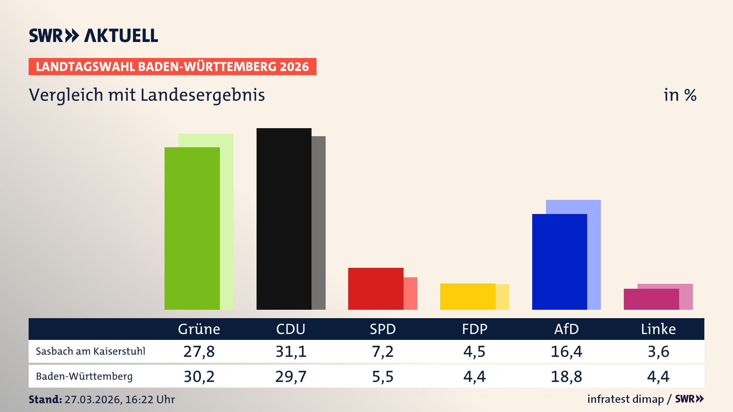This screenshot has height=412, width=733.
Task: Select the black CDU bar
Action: click(284, 219)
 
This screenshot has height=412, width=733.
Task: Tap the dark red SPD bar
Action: click(376, 288)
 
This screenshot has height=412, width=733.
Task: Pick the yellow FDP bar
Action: click(468, 296)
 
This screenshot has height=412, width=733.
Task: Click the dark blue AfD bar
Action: click(559, 262)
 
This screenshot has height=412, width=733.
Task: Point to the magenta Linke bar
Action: click(651, 299)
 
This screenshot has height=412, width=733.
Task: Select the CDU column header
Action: click(291, 329)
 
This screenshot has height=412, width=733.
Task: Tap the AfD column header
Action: click(566, 329)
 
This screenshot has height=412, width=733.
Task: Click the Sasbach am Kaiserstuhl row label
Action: click(90, 351)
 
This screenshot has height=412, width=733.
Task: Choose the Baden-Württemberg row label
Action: click(84, 377)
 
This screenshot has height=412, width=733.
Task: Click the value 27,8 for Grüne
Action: click(199, 351)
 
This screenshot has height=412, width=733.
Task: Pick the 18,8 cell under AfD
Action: click(566, 377)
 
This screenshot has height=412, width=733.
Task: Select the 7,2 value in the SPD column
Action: click(383, 351)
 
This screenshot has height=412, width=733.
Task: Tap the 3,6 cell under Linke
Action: click(658, 351)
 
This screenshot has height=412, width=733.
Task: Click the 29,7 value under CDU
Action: click(291, 377)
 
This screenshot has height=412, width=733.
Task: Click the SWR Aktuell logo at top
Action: click(94, 35)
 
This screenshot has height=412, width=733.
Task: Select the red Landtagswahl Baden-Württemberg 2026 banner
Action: click(172, 66)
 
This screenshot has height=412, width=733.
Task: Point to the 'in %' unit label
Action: click(680, 95)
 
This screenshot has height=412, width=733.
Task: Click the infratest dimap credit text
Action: click(625, 399)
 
